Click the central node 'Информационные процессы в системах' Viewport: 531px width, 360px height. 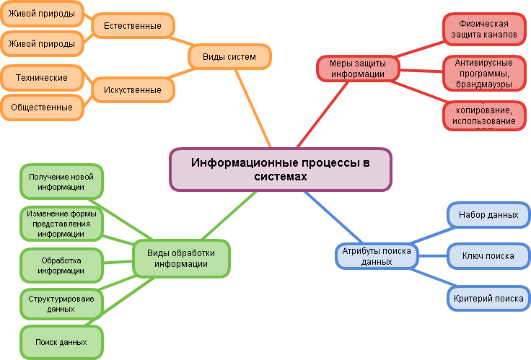[x=281, y=170]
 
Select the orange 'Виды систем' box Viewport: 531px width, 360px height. [x=230, y=57]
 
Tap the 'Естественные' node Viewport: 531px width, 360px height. [x=133, y=26]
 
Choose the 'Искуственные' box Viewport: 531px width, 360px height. [x=133, y=89]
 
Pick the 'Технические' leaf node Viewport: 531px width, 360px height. [x=42, y=77]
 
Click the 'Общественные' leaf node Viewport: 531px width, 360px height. [x=42, y=107]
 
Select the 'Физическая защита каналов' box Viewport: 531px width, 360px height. [x=483, y=29]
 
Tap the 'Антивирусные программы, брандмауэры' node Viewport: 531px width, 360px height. [x=483, y=73]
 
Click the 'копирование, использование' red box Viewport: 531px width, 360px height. [x=483, y=115]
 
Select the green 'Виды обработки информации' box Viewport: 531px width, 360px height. [x=182, y=258]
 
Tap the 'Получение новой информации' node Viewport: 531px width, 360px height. [x=61, y=182]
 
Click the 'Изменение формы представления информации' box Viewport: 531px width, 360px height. [x=61, y=224]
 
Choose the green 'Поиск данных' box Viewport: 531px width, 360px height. [x=61, y=342]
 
